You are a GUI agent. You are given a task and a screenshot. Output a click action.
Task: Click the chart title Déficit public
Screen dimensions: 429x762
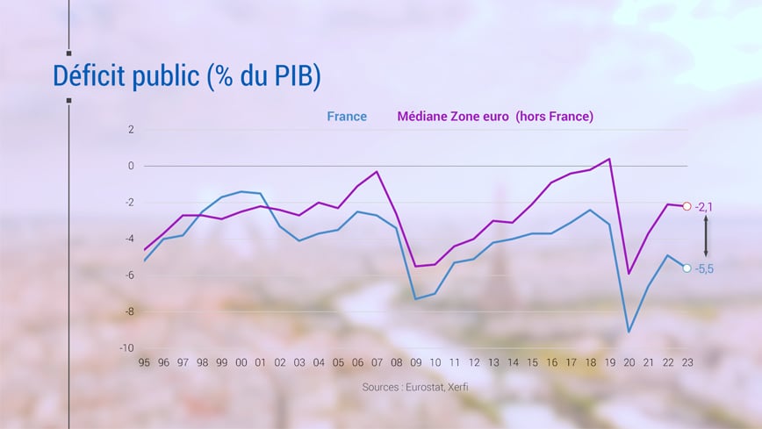[x=187, y=76]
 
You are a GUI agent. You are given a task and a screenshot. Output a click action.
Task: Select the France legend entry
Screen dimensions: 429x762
[x=347, y=116]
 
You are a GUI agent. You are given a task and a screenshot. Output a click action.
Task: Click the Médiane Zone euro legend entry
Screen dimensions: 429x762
[x=495, y=116]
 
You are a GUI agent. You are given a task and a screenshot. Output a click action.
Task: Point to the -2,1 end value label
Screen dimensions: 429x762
[x=704, y=207]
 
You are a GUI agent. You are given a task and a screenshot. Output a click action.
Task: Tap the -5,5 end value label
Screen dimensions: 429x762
[x=704, y=269]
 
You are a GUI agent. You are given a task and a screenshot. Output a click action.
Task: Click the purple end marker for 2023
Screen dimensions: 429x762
[x=687, y=206]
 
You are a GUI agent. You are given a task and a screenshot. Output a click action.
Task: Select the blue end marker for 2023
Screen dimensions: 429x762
[x=687, y=268]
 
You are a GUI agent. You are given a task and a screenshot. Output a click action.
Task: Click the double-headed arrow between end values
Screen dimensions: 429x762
[x=705, y=237]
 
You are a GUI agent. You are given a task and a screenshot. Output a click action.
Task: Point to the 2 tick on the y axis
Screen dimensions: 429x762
[x=131, y=130]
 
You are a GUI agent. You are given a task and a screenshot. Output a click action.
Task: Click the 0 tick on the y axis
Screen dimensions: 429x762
[x=131, y=166]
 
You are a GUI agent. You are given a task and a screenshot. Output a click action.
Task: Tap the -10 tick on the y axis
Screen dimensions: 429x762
[x=127, y=348]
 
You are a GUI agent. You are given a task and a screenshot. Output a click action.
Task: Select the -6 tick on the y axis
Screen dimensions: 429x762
[x=129, y=275]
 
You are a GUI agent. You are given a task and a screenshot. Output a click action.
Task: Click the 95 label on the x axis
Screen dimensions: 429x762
[x=144, y=362]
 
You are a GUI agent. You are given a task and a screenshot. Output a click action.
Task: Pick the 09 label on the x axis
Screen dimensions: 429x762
[x=415, y=362]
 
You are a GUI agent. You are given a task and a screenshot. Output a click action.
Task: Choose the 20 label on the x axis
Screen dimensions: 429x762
[x=629, y=362]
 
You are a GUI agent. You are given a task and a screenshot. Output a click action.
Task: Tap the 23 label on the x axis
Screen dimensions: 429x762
[x=687, y=362]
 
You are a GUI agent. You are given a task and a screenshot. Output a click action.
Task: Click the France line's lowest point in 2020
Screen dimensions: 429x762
[x=629, y=332]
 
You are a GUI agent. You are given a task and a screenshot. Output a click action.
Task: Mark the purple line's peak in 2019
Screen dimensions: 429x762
[x=609, y=159]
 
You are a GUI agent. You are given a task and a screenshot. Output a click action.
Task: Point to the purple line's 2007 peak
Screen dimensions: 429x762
[x=377, y=172]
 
